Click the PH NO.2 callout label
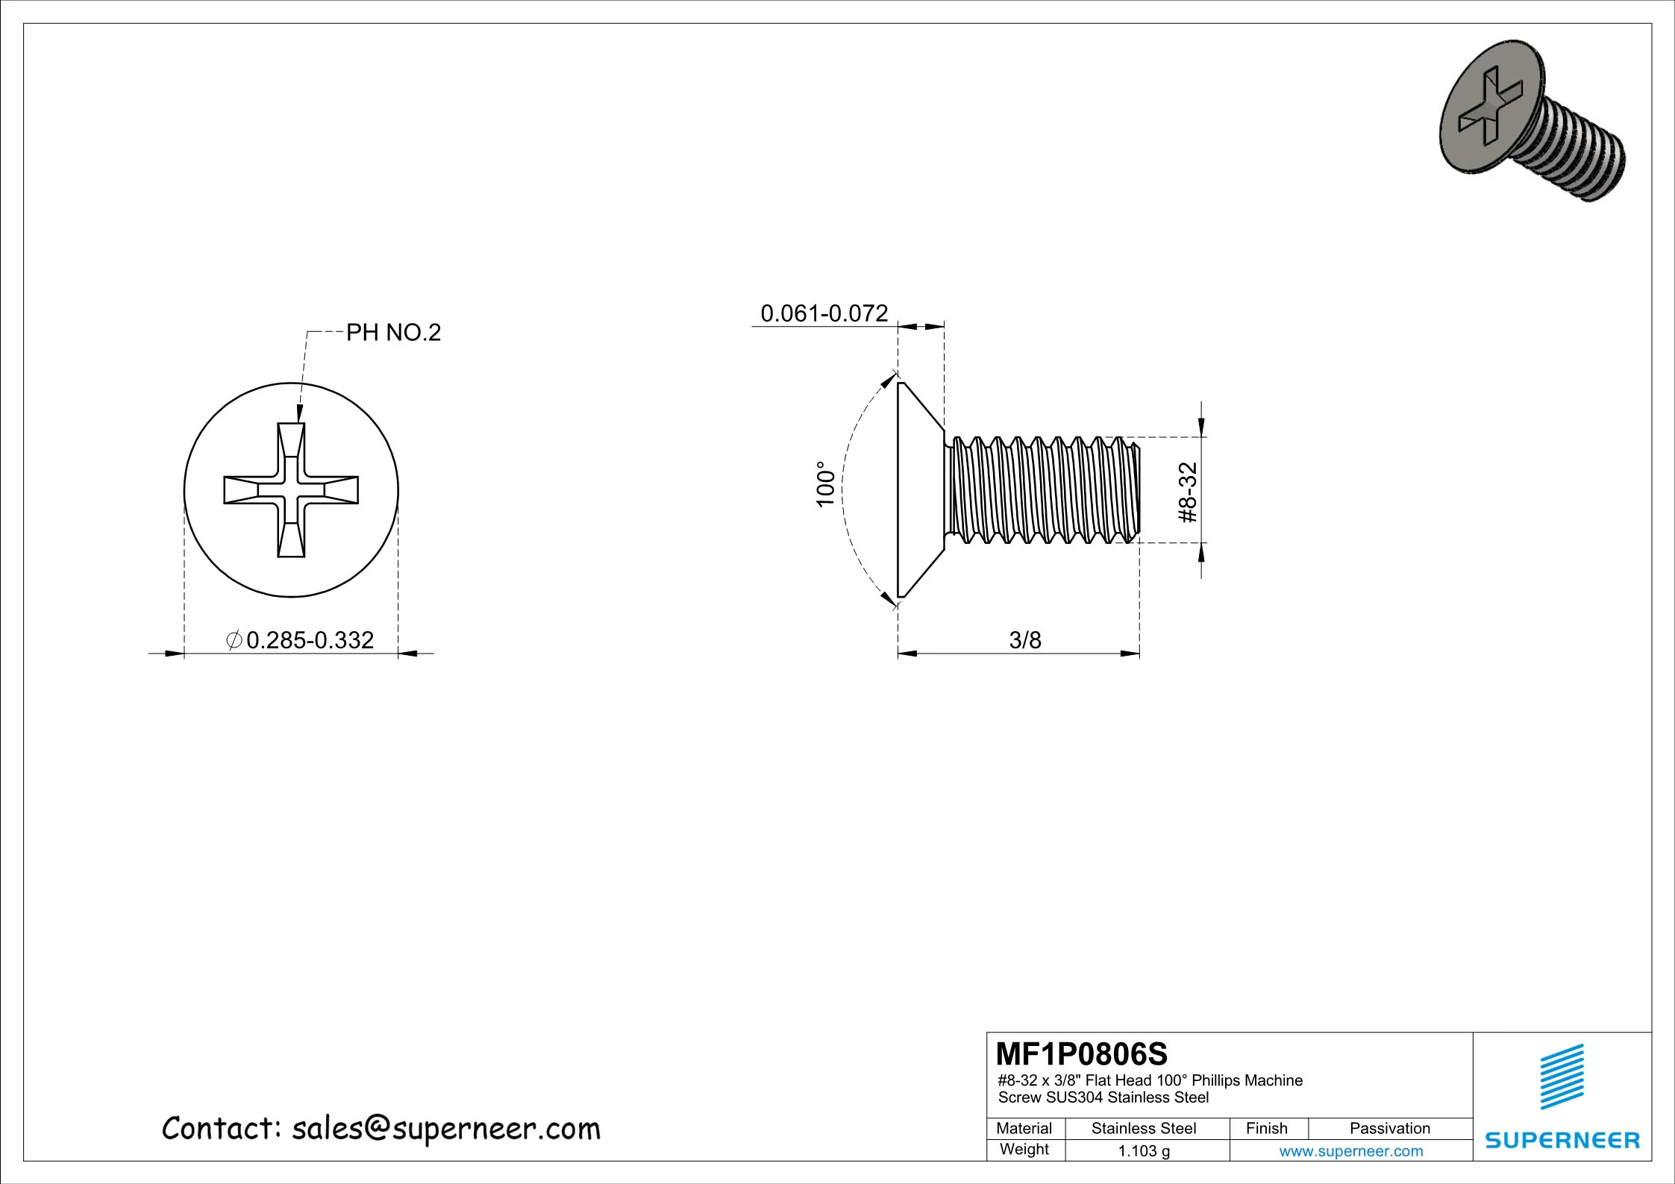pos(393,333)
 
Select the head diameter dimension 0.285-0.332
pos(309,640)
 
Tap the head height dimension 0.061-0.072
pos(824,313)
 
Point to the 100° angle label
pos(824,484)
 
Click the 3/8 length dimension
pos(1024,640)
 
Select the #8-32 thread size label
pos(1187,492)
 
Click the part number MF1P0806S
pos(1081,1054)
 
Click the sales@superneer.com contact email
pos(445,1129)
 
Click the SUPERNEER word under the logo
pos(1562,1140)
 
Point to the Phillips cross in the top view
pos(291,490)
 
